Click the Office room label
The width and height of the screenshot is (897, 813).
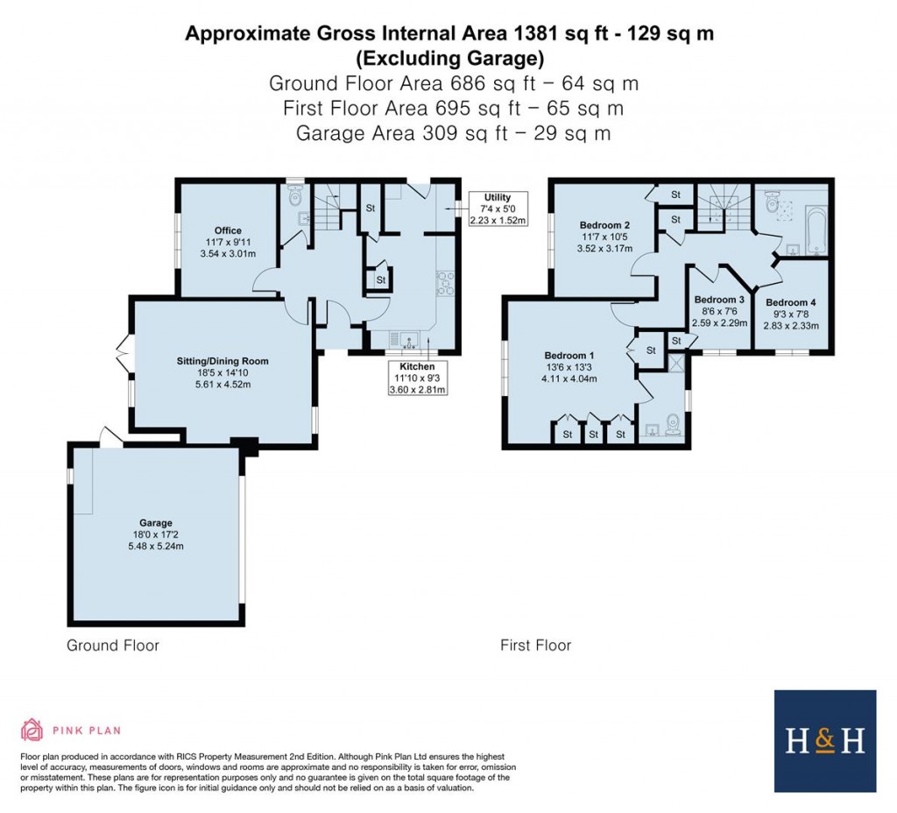(228, 231)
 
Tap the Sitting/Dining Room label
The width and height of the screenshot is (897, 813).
(220, 361)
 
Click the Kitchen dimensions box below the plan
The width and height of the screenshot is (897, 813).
(417, 378)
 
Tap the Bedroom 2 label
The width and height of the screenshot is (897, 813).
(604, 225)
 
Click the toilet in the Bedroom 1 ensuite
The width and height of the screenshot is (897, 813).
(672, 425)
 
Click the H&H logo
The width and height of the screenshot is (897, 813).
(824, 740)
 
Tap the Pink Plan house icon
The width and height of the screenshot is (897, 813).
(32, 729)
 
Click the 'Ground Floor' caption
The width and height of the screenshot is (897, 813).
(113, 646)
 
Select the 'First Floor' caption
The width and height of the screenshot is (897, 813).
(535, 646)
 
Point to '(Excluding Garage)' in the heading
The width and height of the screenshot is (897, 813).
(449, 59)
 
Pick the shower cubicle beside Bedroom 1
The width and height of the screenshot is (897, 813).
(677, 362)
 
